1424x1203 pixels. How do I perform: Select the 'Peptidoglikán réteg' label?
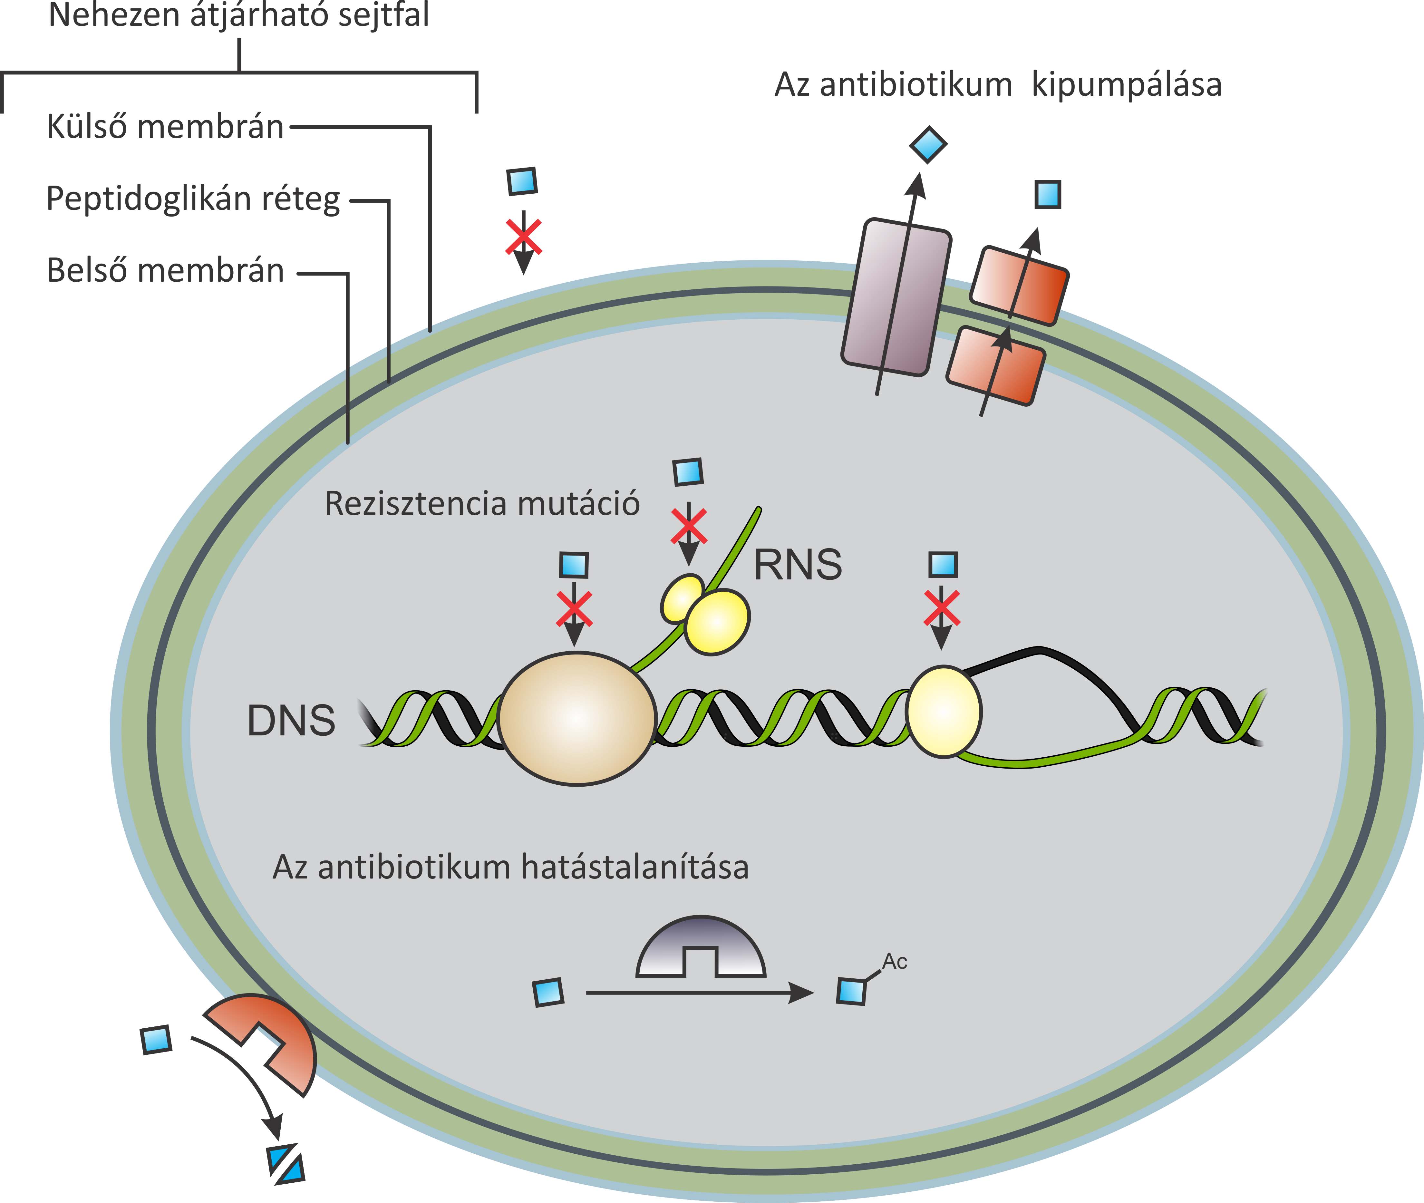(x=193, y=200)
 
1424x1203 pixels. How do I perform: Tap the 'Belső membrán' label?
(x=165, y=271)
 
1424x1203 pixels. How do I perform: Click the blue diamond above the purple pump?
(x=928, y=145)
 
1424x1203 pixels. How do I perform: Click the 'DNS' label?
(x=291, y=721)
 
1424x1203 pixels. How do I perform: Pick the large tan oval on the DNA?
(x=577, y=719)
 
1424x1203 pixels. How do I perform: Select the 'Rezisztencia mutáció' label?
(x=482, y=504)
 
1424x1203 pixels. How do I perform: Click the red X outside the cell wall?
(x=523, y=237)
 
